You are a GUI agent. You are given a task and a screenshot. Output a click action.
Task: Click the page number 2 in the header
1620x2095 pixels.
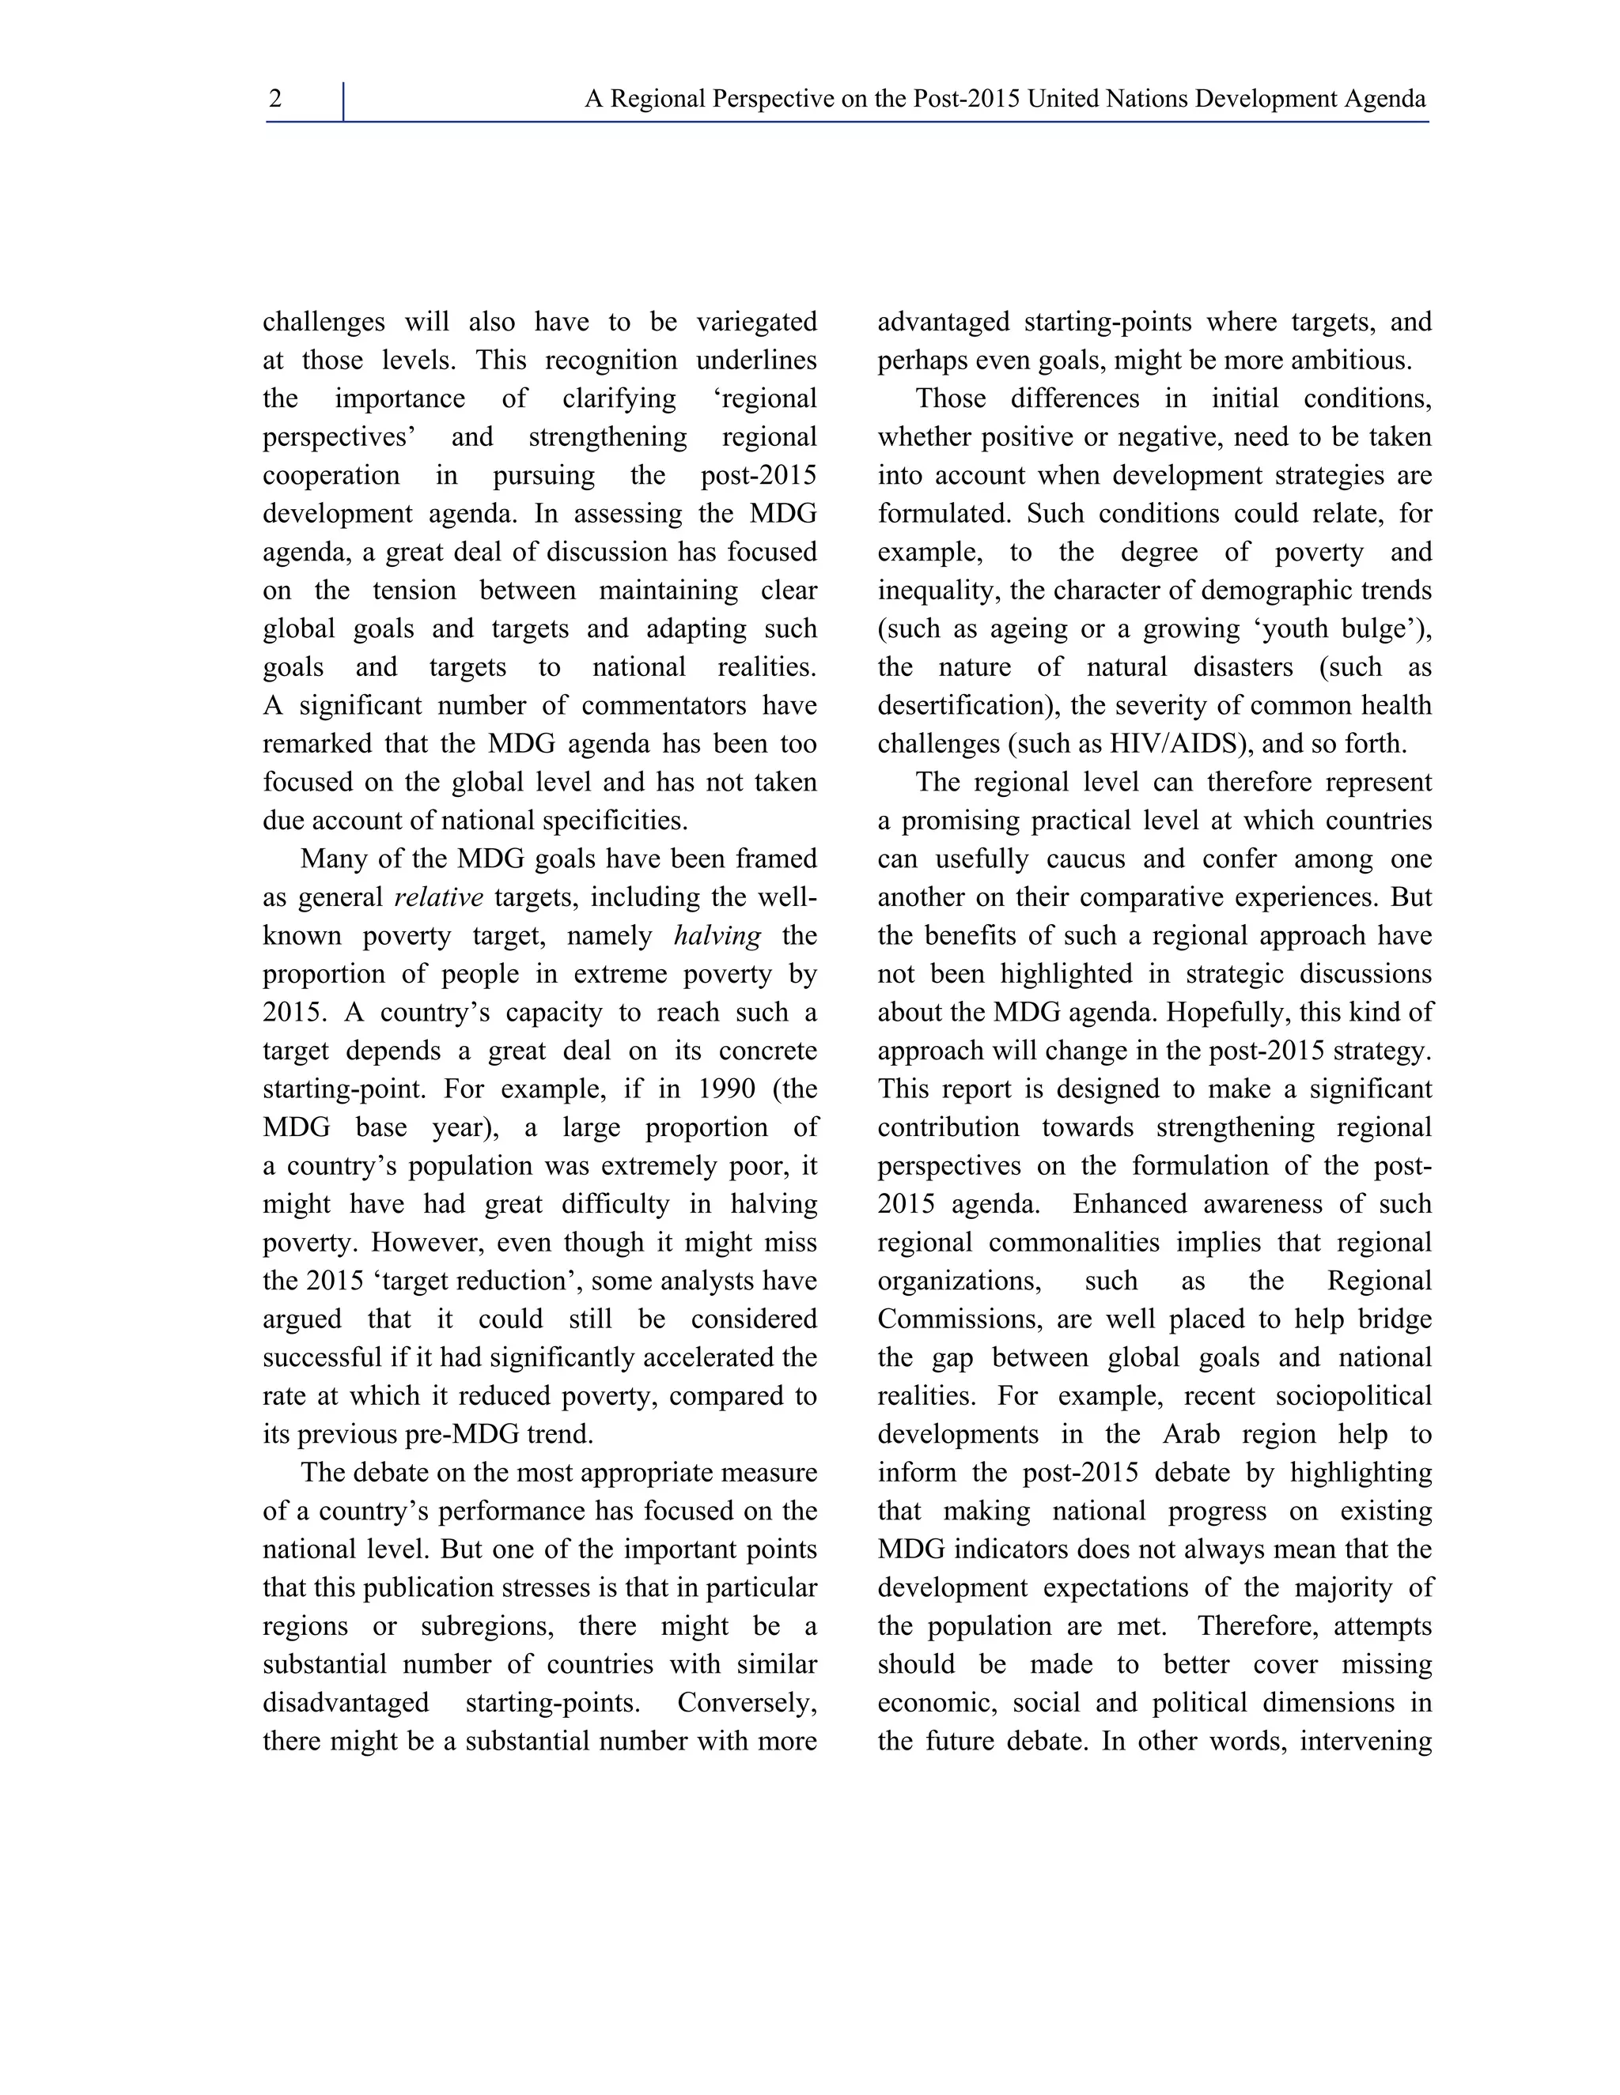(x=275, y=100)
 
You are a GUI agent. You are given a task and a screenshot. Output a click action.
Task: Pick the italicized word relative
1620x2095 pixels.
(x=438, y=898)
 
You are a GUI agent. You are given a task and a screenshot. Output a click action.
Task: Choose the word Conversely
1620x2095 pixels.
(x=747, y=1704)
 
